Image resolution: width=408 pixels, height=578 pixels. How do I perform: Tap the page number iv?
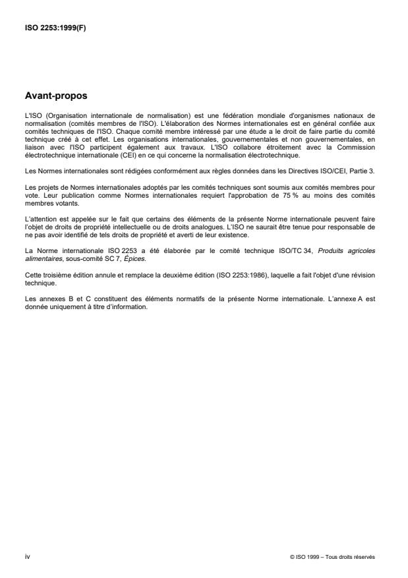click(27, 557)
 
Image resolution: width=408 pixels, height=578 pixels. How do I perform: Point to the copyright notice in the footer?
click(332, 557)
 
